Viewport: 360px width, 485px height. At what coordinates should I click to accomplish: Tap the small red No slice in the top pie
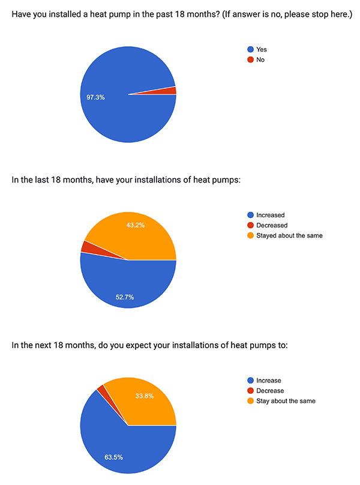(172, 91)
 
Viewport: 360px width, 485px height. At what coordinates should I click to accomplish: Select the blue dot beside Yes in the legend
(250, 49)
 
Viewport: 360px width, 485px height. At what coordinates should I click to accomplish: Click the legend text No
(260, 59)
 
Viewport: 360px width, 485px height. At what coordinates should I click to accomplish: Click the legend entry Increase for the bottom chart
(268, 380)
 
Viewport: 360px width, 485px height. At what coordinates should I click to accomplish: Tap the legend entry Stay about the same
(286, 400)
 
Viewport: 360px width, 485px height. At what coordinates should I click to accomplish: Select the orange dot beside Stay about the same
(250, 400)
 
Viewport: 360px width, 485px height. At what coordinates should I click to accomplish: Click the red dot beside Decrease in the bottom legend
(250, 390)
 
